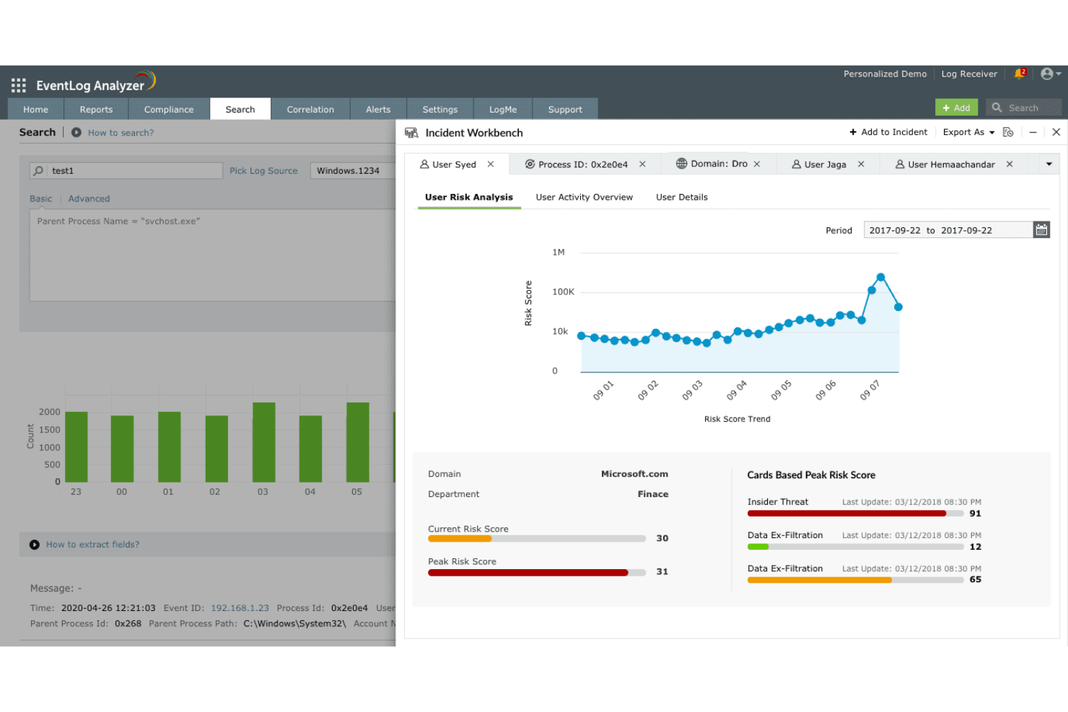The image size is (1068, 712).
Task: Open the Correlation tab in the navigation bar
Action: coord(310,110)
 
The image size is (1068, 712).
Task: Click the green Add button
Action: coord(956,107)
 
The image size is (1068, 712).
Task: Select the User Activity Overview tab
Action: coord(584,197)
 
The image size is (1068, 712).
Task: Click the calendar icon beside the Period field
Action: coord(1041,230)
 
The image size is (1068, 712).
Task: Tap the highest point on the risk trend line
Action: coord(880,277)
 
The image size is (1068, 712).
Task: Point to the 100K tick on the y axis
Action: coord(563,292)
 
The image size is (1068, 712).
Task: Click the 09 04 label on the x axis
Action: coord(737,390)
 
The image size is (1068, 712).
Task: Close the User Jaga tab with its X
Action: coord(861,164)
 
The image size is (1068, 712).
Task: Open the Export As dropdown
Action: coord(968,132)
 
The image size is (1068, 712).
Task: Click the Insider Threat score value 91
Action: coord(975,514)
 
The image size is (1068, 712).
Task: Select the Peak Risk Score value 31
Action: coord(662,572)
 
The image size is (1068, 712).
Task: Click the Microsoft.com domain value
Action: coord(634,474)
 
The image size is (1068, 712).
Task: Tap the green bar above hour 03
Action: coord(264,441)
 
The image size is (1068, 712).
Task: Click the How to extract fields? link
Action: coord(92,545)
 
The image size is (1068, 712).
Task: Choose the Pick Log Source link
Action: coord(263,171)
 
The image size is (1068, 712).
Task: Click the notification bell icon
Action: coord(1019,74)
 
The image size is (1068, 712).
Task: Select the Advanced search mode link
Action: coord(89,199)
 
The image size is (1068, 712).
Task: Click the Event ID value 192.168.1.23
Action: coord(240,608)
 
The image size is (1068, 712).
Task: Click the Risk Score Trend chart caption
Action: coord(737,419)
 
